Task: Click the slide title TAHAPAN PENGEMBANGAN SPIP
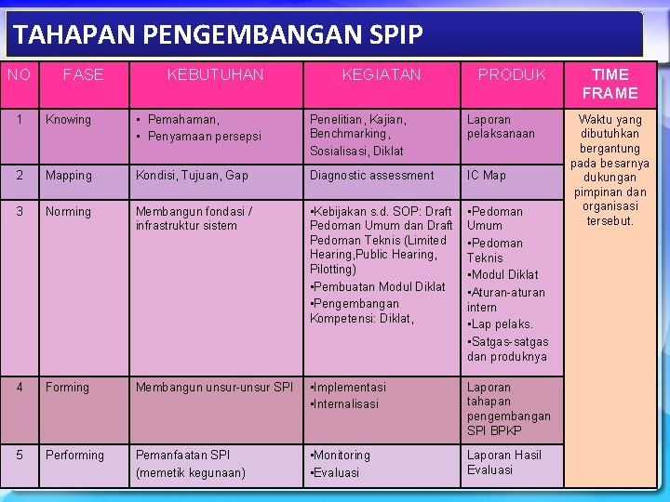point(218,35)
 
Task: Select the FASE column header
point(83,74)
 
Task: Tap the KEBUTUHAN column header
point(215,74)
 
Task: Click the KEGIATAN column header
point(382,74)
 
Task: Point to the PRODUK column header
point(512,74)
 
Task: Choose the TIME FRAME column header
point(610,84)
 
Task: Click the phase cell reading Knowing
point(69,120)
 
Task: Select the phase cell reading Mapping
point(69,176)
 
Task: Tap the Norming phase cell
point(69,212)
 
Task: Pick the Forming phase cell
point(68,388)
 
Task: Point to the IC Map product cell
point(487,176)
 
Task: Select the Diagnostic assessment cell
point(371,176)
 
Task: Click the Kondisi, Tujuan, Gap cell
point(192,176)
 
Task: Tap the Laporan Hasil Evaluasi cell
point(503,462)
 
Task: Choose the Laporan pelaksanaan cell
point(501,126)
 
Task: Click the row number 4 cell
point(20,388)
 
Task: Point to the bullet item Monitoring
point(342,456)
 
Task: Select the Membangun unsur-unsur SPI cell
point(214,388)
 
